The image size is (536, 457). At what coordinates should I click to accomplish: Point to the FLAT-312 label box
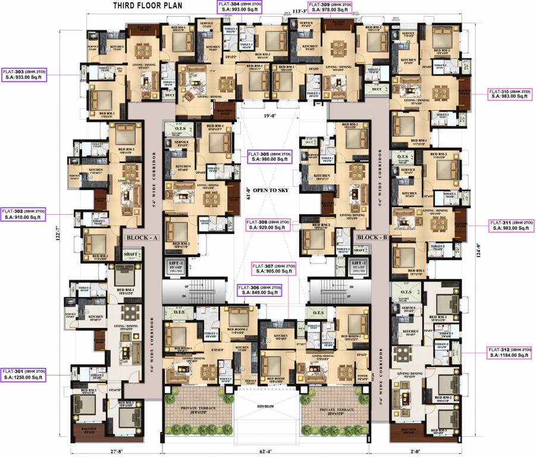pyautogui.click(x=510, y=352)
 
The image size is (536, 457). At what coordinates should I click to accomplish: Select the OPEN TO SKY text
pyautogui.click(x=271, y=190)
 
